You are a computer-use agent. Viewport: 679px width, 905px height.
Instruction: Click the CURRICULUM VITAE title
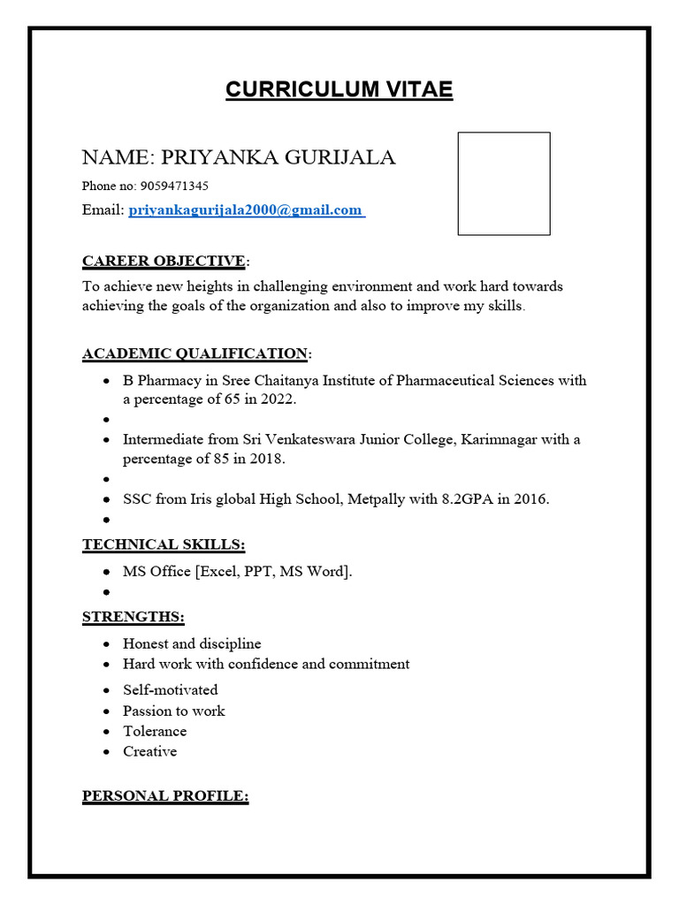[339, 89]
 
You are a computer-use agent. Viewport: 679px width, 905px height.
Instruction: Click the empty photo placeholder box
[503, 184]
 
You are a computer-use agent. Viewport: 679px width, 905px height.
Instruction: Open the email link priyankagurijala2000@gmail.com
[246, 210]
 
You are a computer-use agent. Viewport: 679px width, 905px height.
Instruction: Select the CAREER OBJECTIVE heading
[164, 261]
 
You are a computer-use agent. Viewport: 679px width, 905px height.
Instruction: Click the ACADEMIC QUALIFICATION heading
[195, 354]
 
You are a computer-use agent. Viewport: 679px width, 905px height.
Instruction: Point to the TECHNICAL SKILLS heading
[164, 544]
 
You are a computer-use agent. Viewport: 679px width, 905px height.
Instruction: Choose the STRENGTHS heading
[133, 617]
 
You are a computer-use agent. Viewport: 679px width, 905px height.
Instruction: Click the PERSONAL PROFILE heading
[164, 796]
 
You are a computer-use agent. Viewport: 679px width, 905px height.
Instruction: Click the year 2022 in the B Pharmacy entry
[278, 399]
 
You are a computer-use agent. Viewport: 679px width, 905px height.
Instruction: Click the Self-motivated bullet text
[170, 690]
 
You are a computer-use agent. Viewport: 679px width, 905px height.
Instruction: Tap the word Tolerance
[155, 732]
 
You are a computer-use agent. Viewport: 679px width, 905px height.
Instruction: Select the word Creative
[149, 752]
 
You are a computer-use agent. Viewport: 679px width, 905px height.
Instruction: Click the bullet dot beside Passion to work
[106, 711]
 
